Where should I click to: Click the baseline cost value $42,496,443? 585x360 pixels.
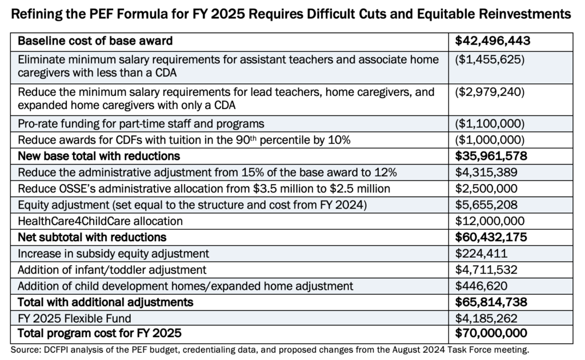(492, 41)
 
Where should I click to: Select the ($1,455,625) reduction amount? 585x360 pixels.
(490, 59)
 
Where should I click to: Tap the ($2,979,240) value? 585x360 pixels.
(490, 92)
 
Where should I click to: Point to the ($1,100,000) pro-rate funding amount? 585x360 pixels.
(490, 124)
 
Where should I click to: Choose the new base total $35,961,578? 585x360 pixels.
(492, 156)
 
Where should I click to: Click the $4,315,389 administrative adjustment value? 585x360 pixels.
(484, 173)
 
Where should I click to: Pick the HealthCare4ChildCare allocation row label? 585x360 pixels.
(101, 221)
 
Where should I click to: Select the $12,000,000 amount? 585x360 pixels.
(487, 221)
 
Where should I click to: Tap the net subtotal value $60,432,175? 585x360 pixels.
(492, 237)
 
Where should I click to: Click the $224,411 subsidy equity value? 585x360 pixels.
(478, 253)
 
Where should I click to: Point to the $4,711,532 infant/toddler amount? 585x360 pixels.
(484, 269)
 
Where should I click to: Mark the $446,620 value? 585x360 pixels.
(478, 285)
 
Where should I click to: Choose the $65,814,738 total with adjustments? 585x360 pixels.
(492, 301)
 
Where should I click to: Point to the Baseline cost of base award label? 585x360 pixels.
(95, 41)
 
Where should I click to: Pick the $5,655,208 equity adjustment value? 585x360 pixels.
(484, 205)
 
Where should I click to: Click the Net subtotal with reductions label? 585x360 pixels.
(92, 237)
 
